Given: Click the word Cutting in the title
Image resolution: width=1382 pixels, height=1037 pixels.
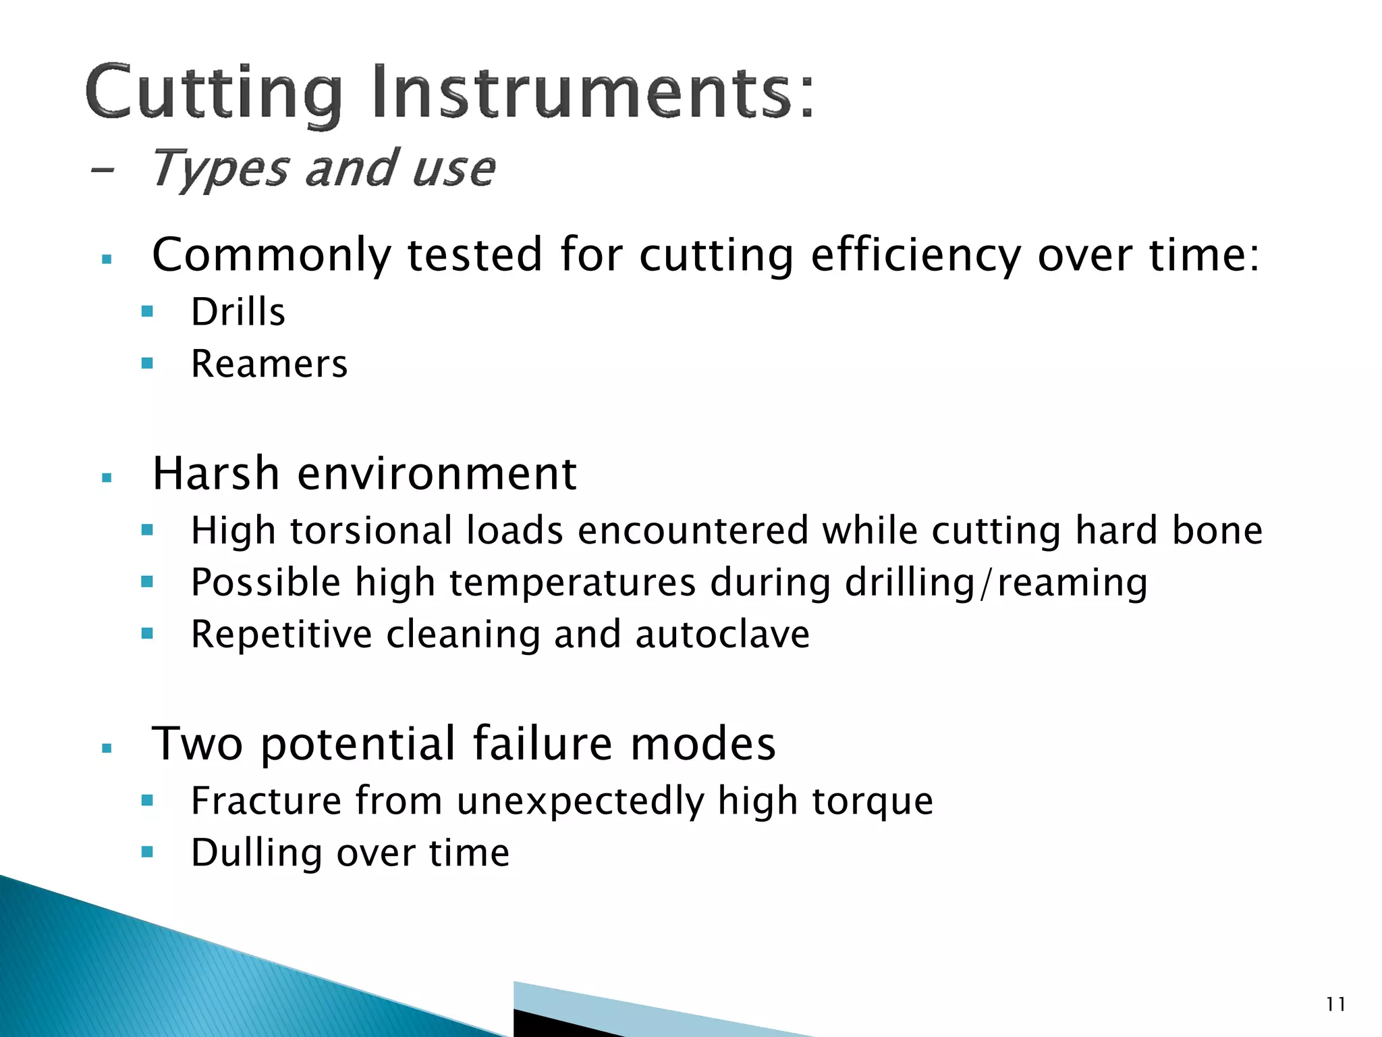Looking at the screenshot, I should coord(214,92).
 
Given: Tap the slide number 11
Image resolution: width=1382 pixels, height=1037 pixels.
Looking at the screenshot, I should coord(1335,1005).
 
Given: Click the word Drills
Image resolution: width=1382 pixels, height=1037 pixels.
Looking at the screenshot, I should coord(238,312).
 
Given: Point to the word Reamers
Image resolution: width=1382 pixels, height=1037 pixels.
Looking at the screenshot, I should coord(269,364).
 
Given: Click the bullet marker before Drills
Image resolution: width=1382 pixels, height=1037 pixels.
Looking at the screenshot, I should coord(148,312).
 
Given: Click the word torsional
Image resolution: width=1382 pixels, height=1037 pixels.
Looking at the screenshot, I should coord(371,530).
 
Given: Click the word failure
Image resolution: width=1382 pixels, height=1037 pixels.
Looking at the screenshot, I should coord(543,743).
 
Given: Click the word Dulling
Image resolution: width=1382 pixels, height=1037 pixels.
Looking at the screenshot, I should coord(256,853).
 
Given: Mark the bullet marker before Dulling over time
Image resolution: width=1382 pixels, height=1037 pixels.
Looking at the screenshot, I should coord(148,853).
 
